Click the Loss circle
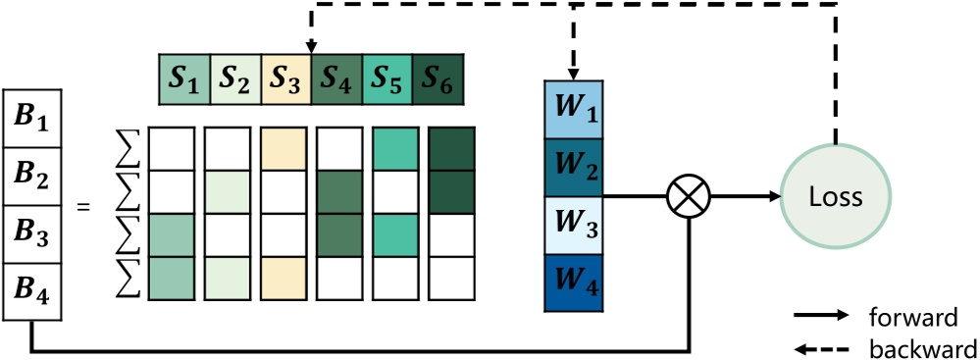(836, 197)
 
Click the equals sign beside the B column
(85, 207)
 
